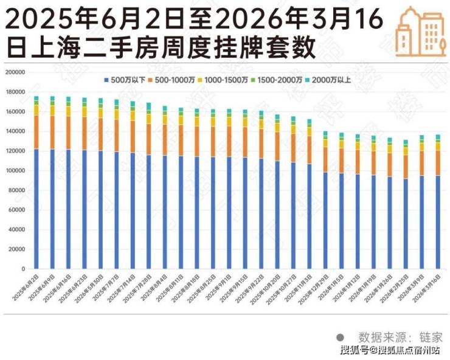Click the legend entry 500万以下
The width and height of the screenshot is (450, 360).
[x=128, y=80]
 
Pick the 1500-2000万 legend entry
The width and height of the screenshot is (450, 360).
[x=279, y=80]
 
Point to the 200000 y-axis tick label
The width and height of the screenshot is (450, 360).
[x=15, y=72]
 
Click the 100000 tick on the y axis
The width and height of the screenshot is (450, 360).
[x=15, y=170]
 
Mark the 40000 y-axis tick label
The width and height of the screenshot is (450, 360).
[x=16, y=229]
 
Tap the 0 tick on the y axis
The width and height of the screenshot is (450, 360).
[x=22, y=269]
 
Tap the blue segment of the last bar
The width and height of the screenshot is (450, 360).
[x=438, y=222]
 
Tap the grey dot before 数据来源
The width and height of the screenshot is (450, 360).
[x=341, y=336]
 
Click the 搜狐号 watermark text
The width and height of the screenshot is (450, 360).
[x=353, y=350]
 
